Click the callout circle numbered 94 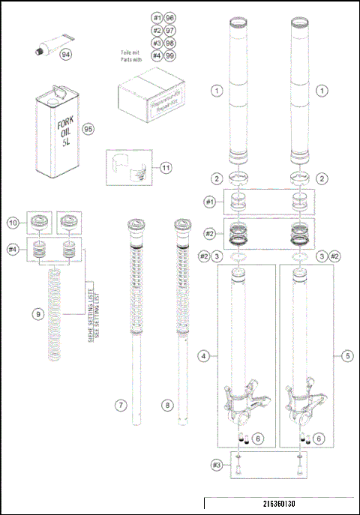pyautogui.click(x=65, y=55)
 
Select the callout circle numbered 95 pyautogui.click(x=87, y=128)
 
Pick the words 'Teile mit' pyautogui.click(x=132, y=52)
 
